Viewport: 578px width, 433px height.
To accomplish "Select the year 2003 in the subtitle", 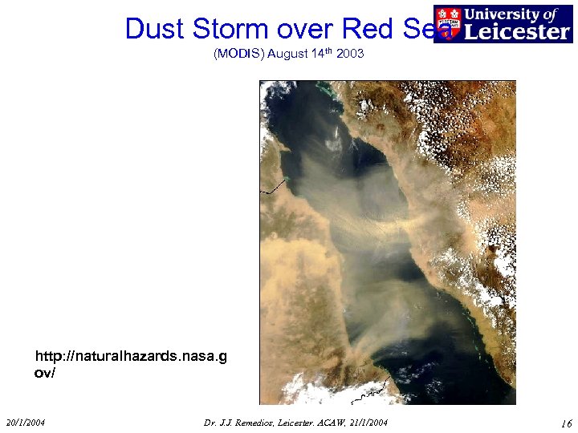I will pos(351,54).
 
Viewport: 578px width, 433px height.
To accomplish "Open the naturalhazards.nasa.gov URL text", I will pos(130,364).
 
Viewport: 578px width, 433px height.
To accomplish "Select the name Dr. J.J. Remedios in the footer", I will pos(242,423).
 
